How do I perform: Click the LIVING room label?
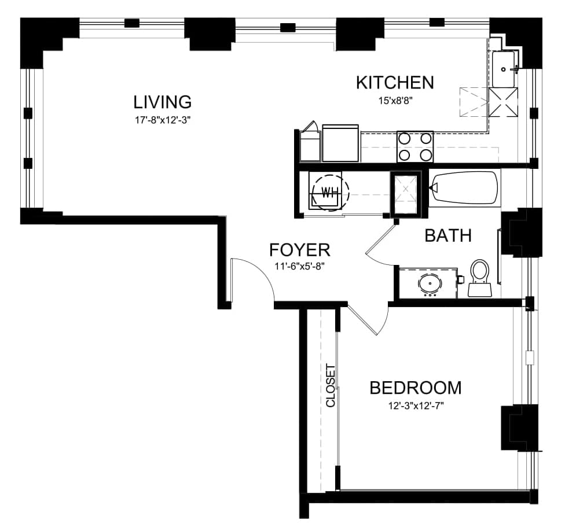point(163,102)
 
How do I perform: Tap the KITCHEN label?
point(395,83)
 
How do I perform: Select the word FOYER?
point(300,250)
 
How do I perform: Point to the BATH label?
point(448,235)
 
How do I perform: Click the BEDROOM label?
point(416,388)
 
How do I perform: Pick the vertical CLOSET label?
point(331,386)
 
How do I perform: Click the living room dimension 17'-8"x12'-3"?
point(163,120)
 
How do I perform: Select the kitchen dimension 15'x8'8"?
point(395,101)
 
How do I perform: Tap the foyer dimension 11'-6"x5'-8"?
point(300,267)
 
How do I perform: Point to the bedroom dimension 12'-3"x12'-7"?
point(416,406)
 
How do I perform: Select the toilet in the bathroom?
point(479,278)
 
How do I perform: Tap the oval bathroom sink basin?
point(430,283)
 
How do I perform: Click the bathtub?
point(464,188)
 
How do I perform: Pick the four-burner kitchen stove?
point(415,146)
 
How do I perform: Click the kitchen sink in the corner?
point(504,69)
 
